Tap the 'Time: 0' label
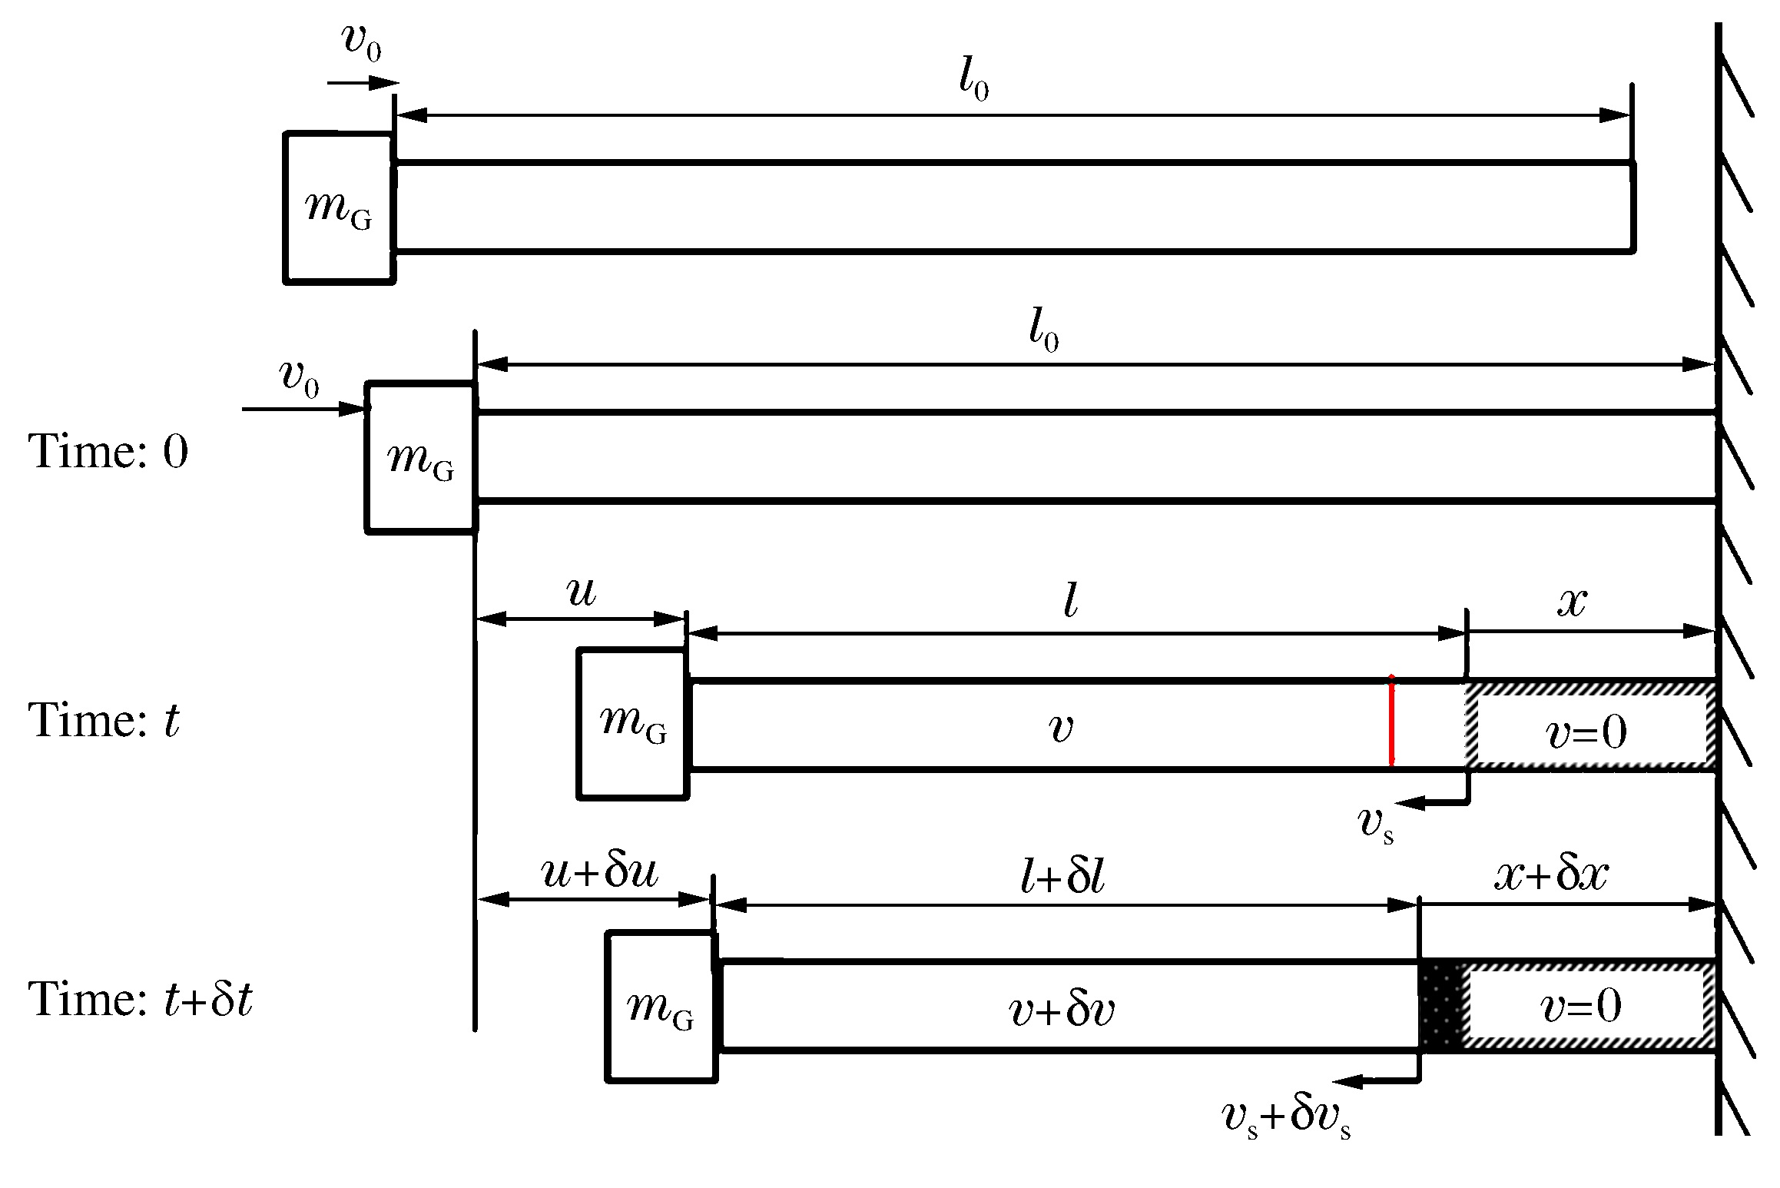[108, 451]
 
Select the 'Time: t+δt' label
[140, 999]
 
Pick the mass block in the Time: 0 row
[421, 457]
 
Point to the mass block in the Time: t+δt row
[661, 1007]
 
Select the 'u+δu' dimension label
[600, 871]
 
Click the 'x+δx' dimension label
[1551, 874]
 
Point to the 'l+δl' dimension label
[1062, 877]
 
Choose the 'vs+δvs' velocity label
[1286, 1117]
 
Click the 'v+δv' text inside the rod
[1062, 1009]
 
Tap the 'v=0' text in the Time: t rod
[1586, 732]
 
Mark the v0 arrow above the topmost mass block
[363, 83]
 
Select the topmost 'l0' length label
[974, 79]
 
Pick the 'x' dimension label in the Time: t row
[1572, 601]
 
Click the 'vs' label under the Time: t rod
[1375, 824]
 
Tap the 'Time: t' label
[104, 721]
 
